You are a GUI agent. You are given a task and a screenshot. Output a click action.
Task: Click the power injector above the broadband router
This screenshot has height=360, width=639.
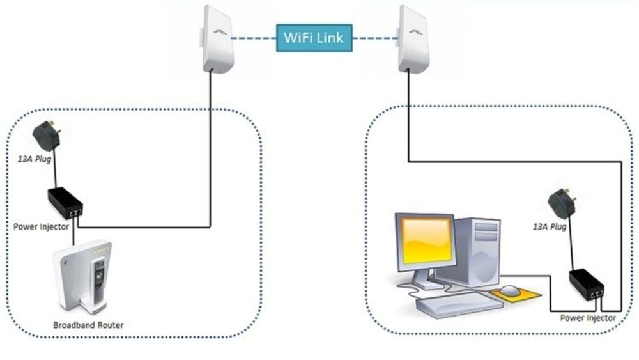click(65, 203)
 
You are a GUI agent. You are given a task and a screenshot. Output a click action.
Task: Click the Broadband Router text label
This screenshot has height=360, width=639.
click(89, 325)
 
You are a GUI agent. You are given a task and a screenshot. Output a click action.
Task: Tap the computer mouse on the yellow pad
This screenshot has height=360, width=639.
click(511, 291)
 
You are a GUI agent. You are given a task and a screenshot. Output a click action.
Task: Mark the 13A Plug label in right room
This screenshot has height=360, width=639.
click(550, 227)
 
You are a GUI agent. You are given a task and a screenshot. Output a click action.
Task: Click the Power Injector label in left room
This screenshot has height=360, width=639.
click(42, 226)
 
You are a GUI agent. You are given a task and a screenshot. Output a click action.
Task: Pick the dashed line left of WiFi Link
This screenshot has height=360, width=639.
click(253, 38)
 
